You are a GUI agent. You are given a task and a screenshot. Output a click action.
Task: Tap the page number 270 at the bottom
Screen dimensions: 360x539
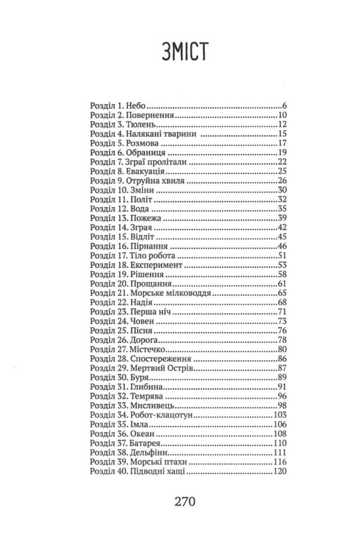coord(180,501)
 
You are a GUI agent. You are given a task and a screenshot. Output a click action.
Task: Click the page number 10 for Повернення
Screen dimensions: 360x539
coord(284,115)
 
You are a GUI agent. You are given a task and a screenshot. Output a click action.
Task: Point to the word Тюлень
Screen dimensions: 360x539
coord(142,124)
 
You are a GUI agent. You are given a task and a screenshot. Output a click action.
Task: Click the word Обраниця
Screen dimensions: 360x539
coord(145,153)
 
